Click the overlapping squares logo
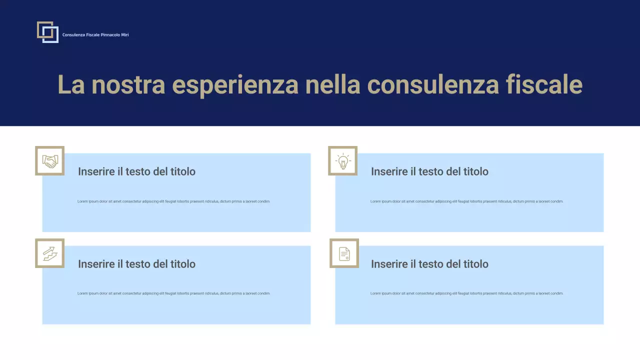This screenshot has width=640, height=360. (x=47, y=32)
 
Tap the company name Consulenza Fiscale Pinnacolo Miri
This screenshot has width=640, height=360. (x=95, y=35)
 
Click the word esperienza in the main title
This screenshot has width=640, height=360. (x=235, y=84)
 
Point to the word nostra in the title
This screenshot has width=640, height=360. (x=128, y=84)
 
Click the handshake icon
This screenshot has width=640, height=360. (x=50, y=161)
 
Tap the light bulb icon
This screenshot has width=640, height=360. (x=343, y=161)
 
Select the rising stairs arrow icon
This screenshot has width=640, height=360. (x=50, y=253)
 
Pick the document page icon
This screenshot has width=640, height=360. (x=344, y=253)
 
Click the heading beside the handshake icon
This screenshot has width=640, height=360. (x=136, y=171)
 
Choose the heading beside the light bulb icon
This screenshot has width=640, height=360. (x=429, y=171)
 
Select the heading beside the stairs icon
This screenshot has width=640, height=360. (x=136, y=264)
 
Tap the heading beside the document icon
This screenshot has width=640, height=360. (x=429, y=264)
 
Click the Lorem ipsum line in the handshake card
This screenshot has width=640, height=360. (x=173, y=201)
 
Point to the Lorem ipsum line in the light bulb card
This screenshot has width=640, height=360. (x=466, y=201)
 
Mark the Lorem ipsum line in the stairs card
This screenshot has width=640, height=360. (x=173, y=293)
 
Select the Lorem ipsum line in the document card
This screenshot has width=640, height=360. (x=466, y=293)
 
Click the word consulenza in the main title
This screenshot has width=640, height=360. (x=433, y=84)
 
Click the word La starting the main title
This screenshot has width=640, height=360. (x=71, y=84)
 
